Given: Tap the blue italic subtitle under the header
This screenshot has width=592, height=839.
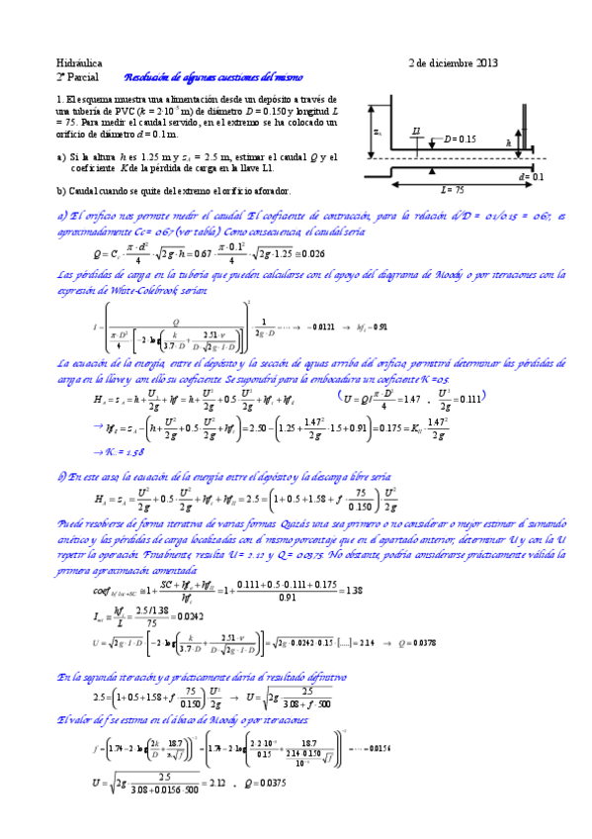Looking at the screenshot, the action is tap(213, 77).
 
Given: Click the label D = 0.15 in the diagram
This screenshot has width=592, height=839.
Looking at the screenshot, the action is tap(461, 139).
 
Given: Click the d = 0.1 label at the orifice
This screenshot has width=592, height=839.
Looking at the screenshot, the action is tap(532, 176).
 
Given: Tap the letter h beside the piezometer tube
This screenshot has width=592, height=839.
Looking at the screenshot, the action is tap(508, 142).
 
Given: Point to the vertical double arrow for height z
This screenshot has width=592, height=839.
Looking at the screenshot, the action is tap(372, 132).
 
